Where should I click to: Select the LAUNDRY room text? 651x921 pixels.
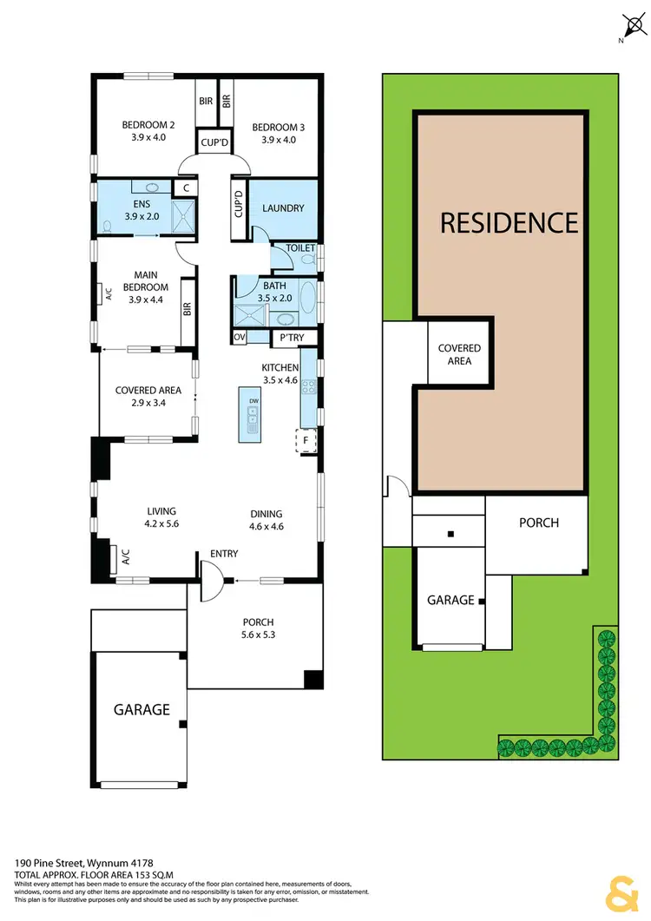tap(283, 208)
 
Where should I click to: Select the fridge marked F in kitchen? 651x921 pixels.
tap(306, 441)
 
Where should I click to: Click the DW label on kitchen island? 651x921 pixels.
tap(253, 401)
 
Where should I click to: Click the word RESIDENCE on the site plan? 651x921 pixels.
tap(509, 223)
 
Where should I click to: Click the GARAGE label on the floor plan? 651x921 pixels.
tap(141, 709)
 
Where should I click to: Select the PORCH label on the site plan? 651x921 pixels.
tap(538, 523)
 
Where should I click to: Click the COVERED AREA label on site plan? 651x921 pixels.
tap(459, 354)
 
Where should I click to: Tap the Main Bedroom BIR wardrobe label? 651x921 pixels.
tap(187, 309)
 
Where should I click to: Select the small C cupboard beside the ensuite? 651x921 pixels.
tap(184, 187)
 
